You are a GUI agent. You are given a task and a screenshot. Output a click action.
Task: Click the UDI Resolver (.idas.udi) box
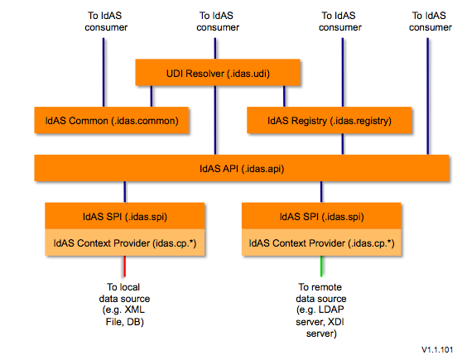(218, 73)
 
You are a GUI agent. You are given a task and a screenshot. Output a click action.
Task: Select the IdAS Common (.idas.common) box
(112, 120)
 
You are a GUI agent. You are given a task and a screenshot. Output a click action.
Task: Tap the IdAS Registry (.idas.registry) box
(330, 120)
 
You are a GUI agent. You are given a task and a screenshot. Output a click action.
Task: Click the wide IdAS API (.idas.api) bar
(242, 168)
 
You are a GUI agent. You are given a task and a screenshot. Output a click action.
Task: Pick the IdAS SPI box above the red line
(125, 216)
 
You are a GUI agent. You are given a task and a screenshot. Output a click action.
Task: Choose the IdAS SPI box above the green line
(321, 216)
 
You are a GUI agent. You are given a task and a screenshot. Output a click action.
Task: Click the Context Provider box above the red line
(125, 242)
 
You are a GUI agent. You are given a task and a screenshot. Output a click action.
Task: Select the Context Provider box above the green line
(321, 242)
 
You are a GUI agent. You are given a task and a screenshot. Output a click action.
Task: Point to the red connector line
(125, 266)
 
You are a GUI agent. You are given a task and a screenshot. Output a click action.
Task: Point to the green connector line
(321, 266)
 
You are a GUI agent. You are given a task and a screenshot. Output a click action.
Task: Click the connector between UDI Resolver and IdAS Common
(152, 96)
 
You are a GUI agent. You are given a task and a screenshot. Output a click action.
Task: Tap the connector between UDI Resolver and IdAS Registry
(284, 96)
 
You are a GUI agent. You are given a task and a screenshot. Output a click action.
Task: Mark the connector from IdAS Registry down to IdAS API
(343, 144)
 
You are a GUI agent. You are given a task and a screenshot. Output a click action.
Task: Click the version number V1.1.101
(437, 350)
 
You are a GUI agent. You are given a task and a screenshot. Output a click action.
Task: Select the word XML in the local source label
(135, 310)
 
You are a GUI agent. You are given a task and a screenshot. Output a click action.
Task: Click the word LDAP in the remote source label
(331, 310)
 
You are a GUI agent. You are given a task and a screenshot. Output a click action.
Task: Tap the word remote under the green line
(326, 287)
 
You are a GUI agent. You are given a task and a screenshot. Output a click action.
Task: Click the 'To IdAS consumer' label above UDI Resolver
(218, 22)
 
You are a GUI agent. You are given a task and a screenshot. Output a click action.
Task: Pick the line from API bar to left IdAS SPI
(125, 192)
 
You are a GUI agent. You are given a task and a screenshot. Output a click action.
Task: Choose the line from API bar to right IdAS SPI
(321, 192)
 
